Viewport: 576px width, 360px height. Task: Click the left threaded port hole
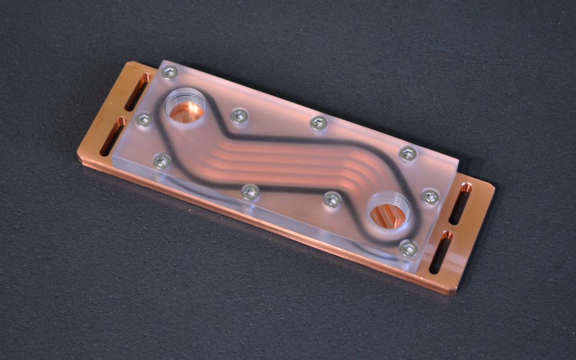click(x=185, y=107)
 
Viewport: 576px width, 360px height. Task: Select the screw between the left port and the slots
click(x=144, y=119)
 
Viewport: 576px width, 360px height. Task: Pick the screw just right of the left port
click(x=239, y=116)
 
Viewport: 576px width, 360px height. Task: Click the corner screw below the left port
click(x=162, y=161)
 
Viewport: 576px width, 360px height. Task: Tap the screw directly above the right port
click(x=407, y=154)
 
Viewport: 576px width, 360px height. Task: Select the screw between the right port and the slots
click(x=430, y=196)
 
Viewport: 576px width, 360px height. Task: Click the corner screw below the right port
click(x=408, y=248)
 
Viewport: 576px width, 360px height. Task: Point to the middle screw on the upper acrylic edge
click(x=319, y=123)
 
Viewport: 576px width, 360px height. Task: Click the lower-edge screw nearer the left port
click(x=250, y=192)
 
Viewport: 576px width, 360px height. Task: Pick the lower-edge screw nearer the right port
click(x=332, y=199)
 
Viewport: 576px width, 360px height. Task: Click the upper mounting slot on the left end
click(x=137, y=92)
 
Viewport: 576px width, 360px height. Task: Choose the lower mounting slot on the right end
click(x=441, y=251)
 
